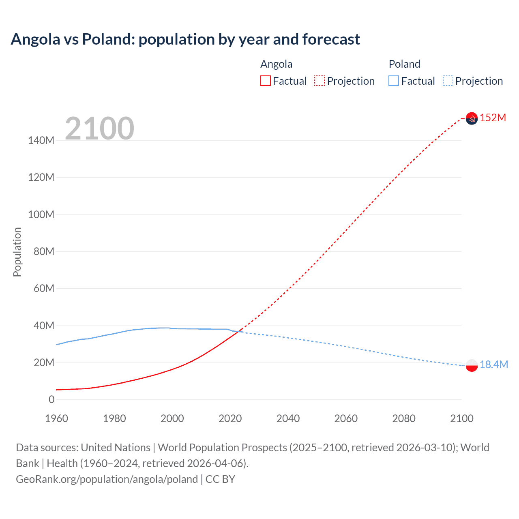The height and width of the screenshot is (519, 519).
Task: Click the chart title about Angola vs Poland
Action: [185, 39]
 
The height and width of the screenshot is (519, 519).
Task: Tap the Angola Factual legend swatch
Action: [265, 81]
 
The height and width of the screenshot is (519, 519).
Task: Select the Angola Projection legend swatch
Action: [320, 81]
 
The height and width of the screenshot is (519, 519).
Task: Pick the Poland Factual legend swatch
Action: [394, 81]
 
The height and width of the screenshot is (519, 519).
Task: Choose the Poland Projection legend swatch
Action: [448, 81]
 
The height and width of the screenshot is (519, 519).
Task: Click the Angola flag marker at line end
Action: [472, 118]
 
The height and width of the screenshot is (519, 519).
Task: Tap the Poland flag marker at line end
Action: [472, 365]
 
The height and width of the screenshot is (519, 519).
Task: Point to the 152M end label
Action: [493, 118]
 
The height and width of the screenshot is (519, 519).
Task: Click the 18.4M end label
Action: [493, 365]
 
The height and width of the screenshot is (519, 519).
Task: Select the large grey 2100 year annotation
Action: [99, 128]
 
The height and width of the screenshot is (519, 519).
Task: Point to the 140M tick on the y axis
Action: [41, 140]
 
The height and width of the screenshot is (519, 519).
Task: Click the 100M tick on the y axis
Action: [41, 214]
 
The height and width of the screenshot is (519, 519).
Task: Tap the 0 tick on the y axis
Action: [51, 399]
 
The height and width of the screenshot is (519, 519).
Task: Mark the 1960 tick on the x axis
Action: [56, 418]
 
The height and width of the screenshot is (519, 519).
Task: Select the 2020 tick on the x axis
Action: [230, 418]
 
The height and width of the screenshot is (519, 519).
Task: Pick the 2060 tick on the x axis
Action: [346, 418]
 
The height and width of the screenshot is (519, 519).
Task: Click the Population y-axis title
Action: [17, 252]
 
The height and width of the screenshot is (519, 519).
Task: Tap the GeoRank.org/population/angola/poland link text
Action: [107, 479]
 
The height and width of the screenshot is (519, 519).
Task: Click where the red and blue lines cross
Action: [239, 331]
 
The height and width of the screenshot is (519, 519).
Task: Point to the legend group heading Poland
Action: [404, 64]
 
